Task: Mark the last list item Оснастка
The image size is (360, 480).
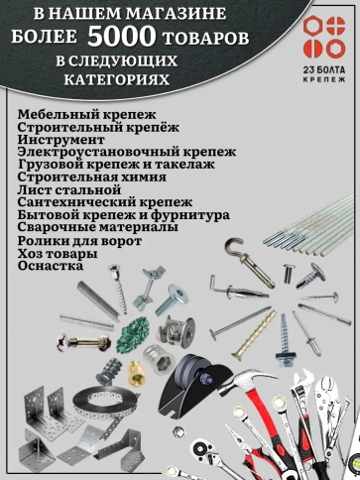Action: click(51, 266)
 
